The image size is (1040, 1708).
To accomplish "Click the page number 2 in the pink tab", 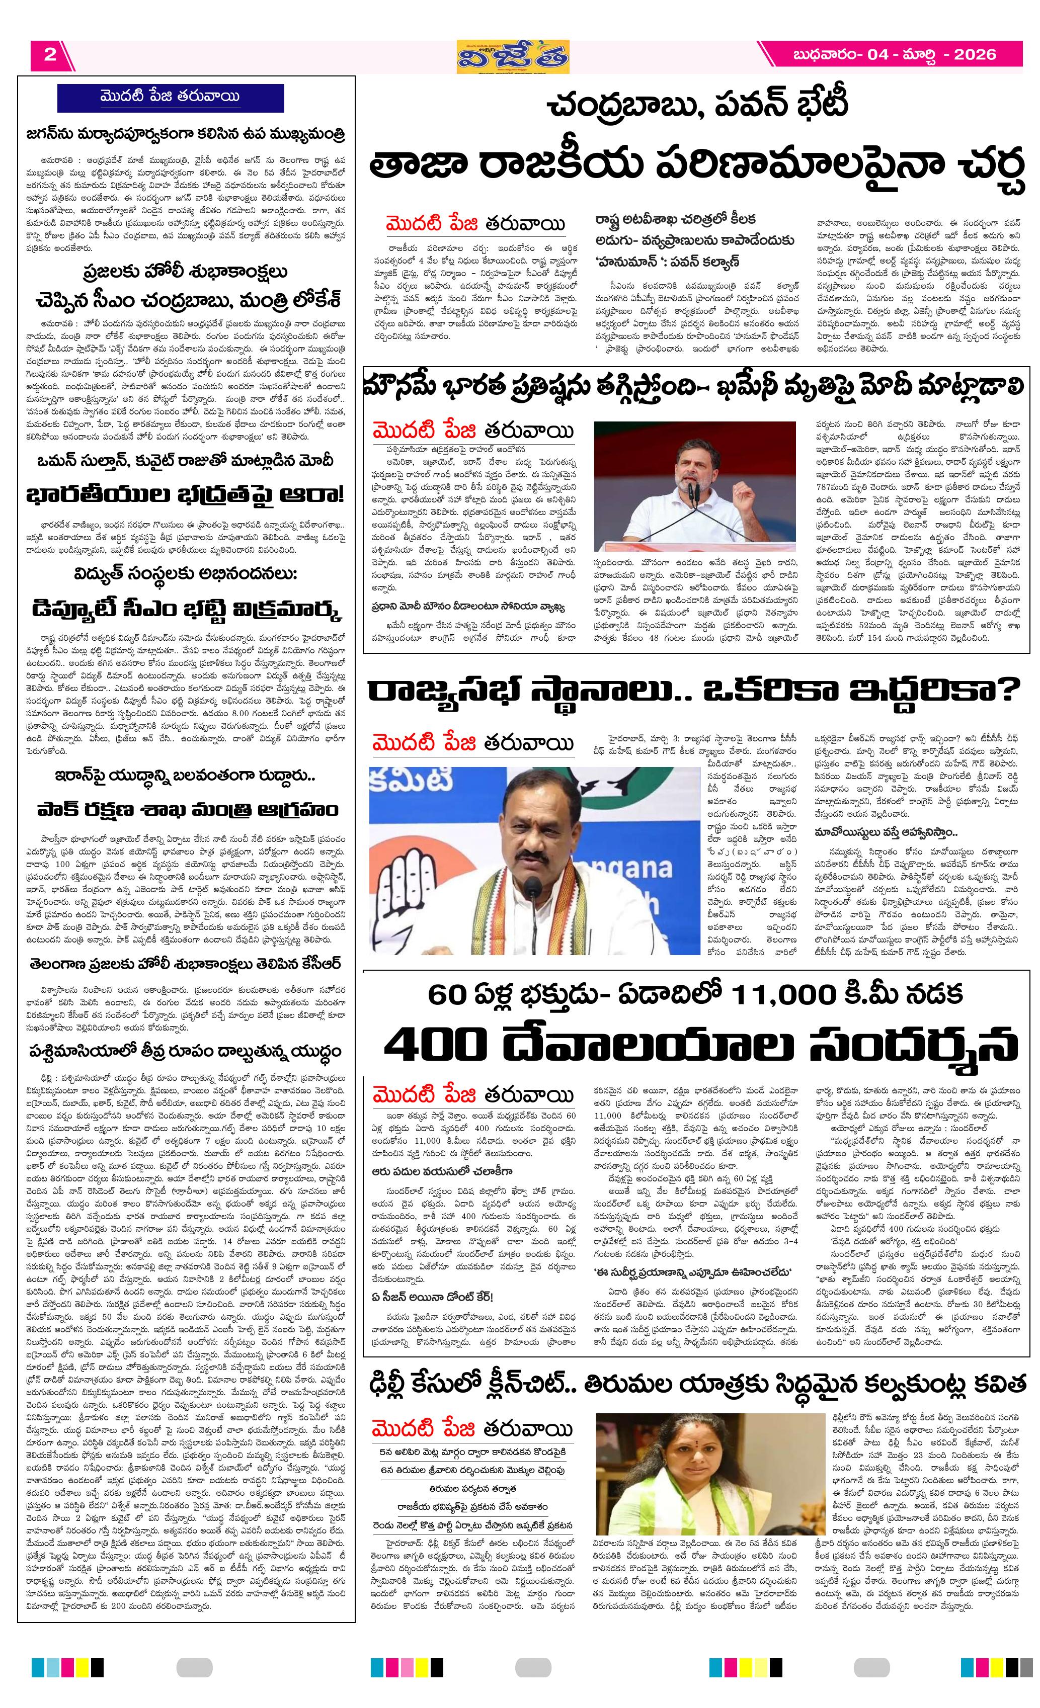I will click(50, 55).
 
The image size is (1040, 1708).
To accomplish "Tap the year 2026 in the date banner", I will click(974, 55).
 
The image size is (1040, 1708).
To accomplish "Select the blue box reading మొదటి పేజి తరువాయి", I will click(170, 97).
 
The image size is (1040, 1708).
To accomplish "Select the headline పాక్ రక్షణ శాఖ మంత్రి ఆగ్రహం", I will click(185, 810).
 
